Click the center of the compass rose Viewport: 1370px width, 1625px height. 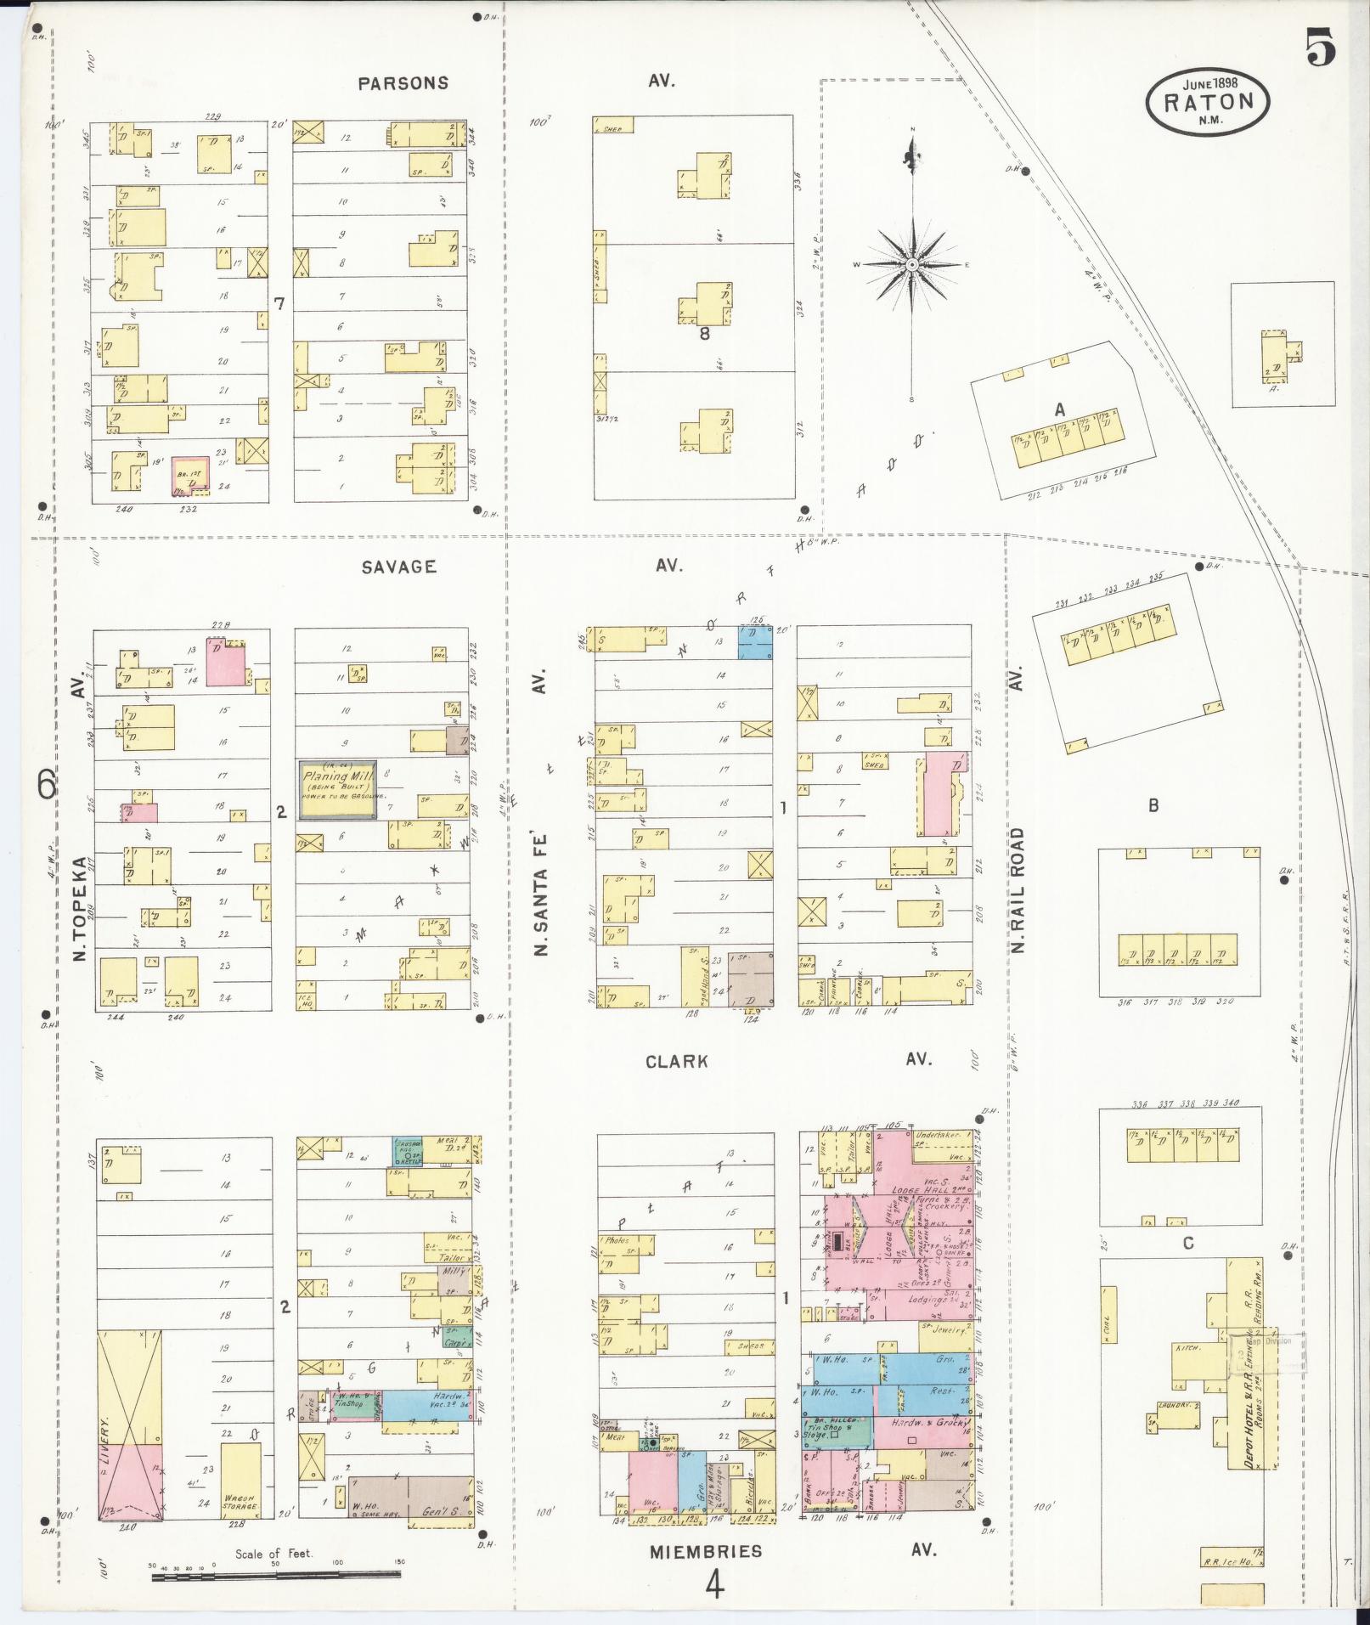point(912,265)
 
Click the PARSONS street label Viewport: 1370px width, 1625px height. point(403,83)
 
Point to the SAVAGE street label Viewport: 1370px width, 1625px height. point(398,567)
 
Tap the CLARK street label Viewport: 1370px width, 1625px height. point(676,1061)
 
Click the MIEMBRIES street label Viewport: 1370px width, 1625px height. point(706,1550)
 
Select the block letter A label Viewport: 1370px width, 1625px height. point(1059,409)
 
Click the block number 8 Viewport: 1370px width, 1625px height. point(704,334)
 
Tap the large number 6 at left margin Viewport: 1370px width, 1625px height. point(48,785)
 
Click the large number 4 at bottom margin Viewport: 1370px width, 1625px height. point(715,1583)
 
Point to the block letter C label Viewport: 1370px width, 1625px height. point(1187,1244)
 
